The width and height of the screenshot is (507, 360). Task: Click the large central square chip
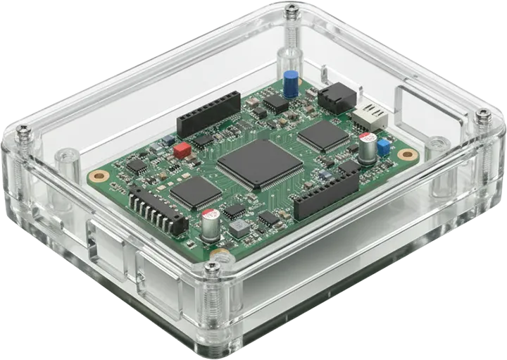pos(259,163)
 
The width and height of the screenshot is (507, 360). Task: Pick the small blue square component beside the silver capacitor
pos(384,147)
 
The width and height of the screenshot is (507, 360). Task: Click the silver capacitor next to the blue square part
pos(367,149)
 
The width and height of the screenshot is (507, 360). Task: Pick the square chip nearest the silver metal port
pos(324,135)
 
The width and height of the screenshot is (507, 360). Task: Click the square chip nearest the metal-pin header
pos(195,192)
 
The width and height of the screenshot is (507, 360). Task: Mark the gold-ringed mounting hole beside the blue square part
pos(405,154)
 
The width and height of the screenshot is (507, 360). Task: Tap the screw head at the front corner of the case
pos(211,266)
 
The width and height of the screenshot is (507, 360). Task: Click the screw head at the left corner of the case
pos(23,130)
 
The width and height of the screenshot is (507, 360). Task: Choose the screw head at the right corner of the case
pos(483,113)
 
